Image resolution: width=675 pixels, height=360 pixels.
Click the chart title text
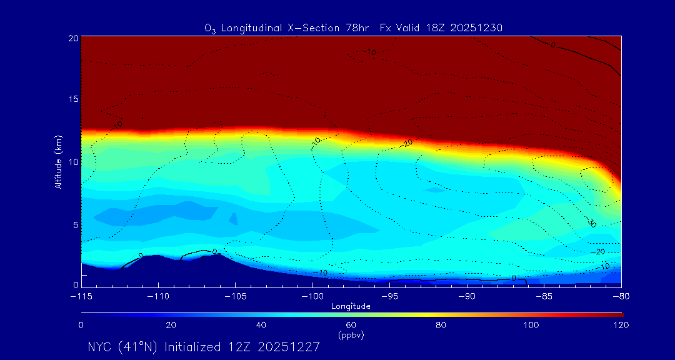pos(353,27)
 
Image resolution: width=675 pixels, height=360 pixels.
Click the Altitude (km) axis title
pos(58,161)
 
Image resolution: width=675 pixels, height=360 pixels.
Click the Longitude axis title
pos(351,306)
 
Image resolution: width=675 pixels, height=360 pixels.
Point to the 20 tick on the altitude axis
pos(72,38)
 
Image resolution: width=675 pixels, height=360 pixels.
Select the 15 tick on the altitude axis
pos(72,99)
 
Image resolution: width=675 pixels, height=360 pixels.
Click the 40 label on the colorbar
pos(261,325)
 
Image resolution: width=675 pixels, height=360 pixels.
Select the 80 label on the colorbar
pos(441,325)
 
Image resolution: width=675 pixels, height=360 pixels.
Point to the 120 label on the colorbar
pos(621,325)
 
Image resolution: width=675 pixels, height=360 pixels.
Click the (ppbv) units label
pos(351,335)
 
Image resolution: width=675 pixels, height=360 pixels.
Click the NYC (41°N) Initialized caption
pos(204,347)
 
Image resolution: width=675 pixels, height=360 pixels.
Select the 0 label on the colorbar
pos(81,325)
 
